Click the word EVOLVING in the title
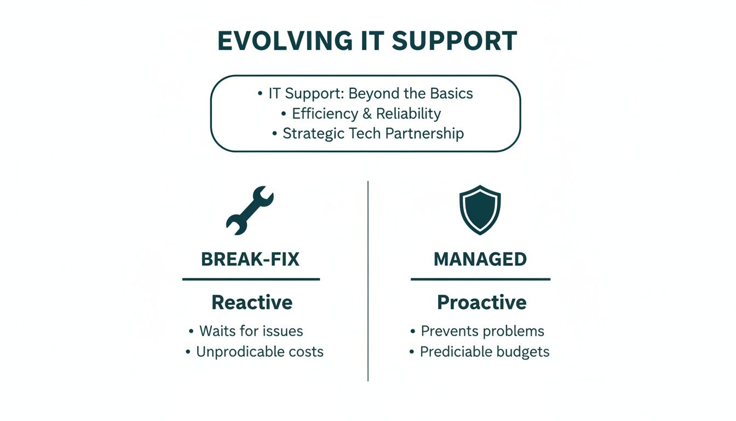[285, 42]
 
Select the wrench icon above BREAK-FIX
[250, 210]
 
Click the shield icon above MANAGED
[480, 210]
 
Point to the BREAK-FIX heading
[250, 259]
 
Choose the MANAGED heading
[480, 259]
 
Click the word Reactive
[252, 302]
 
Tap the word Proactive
[481, 302]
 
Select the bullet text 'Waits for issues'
[251, 331]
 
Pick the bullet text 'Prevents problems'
[482, 331]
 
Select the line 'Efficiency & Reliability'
[366, 113]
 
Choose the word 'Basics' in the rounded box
[451, 94]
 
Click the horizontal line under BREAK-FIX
[251, 279]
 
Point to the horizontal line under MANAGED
[480, 279]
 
